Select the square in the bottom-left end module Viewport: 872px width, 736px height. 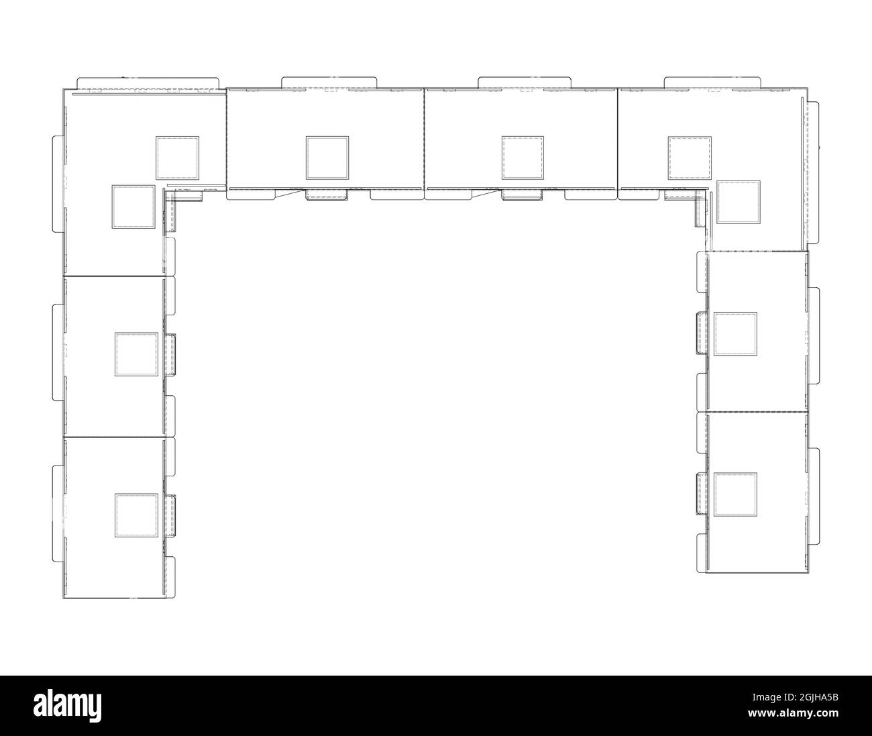click(x=136, y=515)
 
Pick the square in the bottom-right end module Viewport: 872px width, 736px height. click(x=735, y=494)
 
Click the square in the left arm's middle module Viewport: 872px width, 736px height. click(x=136, y=354)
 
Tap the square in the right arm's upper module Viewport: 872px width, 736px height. click(x=735, y=333)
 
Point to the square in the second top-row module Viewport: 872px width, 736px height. click(x=327, y=158)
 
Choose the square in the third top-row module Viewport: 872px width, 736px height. click(x=523, y=158)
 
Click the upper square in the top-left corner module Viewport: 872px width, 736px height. click(x=178, y=158)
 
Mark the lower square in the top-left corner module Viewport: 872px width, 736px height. click(x=133, y=207)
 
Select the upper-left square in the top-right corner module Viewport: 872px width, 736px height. click(x=690, y=158)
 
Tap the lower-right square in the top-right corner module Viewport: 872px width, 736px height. click(x=739, y=201)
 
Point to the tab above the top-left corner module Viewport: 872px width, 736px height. click(x=148, y=83)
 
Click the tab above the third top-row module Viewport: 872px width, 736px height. click(x=524, y=82)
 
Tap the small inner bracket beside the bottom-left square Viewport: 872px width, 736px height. click(x=171, y=515)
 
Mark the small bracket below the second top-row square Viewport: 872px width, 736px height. click(x=326, y=195)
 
